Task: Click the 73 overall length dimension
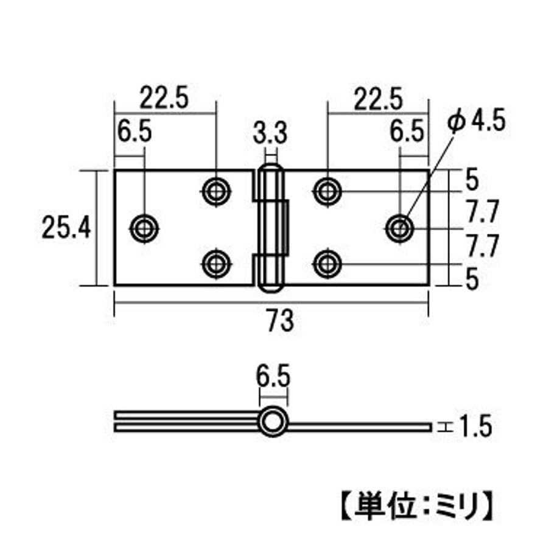click(x=281, y=321)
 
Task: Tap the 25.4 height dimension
click(x=66, y=228)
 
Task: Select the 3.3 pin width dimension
click(x=270, y=133)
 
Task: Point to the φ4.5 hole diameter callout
click(x=477, y=121)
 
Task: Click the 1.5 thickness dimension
click(x=475, y=426)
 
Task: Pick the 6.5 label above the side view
click(x=273, y=376)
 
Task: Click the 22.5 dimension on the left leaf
click(x=164, y=97)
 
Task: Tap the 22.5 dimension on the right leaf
click(x=378, y=99)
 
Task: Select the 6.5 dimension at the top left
click(x=135, y=131)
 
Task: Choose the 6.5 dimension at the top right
click(x=407, y=131)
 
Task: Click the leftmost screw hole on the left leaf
click(x=144, y=228)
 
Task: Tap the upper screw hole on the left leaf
click(x=216, y=192)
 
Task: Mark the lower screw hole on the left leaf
click(x=216, y=264)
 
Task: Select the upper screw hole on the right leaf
click(x=327, y=192)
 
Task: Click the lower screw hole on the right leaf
click(x=327, y=264)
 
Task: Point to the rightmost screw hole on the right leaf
click(x=400, y=228)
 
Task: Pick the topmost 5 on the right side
click(x=472, y=180)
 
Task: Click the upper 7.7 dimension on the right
click(x=482, y=211)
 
